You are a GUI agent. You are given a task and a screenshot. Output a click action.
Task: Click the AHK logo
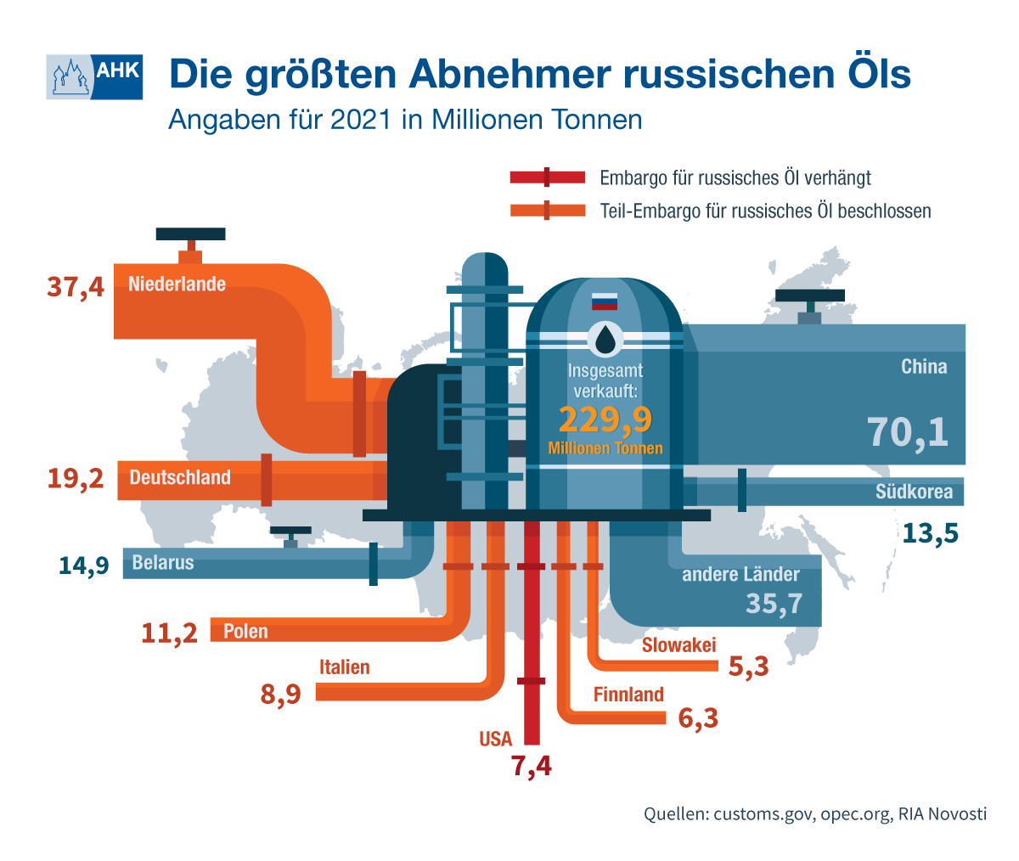[x=94, y=76]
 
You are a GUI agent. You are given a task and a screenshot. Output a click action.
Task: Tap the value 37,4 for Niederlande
[x=76, y=287]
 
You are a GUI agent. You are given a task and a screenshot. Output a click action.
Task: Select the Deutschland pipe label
[x=180, y=477]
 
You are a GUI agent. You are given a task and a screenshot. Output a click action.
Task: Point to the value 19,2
[x=76, y=478]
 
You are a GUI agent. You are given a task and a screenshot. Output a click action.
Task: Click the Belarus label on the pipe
[x=163, y=563]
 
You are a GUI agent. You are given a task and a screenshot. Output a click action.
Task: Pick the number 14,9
[x=84, y=566]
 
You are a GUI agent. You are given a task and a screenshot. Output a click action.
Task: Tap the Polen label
[x=245, y=631]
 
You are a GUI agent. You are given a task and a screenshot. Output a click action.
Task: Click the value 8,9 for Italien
[x=281, y=695]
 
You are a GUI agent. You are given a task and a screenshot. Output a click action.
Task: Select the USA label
[x=495, y=739]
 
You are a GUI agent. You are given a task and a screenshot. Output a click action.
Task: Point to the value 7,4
[x=531, y=766]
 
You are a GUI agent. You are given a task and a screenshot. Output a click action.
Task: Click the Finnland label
[x=628, y=695]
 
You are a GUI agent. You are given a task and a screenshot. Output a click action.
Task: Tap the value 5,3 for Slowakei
[x=749, y=666]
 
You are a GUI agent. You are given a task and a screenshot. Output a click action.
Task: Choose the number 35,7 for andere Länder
[x=774, y=604]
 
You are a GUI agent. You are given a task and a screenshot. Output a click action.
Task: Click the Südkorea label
[x=914, y=492]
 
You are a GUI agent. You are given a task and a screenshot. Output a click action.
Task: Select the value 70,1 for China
[x=908, y=431]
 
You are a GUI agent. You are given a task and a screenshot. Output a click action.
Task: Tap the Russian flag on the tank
[x=605, y=301]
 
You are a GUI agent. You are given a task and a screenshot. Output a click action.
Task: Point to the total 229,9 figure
[x=605, y=419]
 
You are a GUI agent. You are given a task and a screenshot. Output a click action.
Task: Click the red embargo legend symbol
[x=548, y=177]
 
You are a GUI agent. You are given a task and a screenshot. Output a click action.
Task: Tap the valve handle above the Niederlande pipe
[x=191, y=234]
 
